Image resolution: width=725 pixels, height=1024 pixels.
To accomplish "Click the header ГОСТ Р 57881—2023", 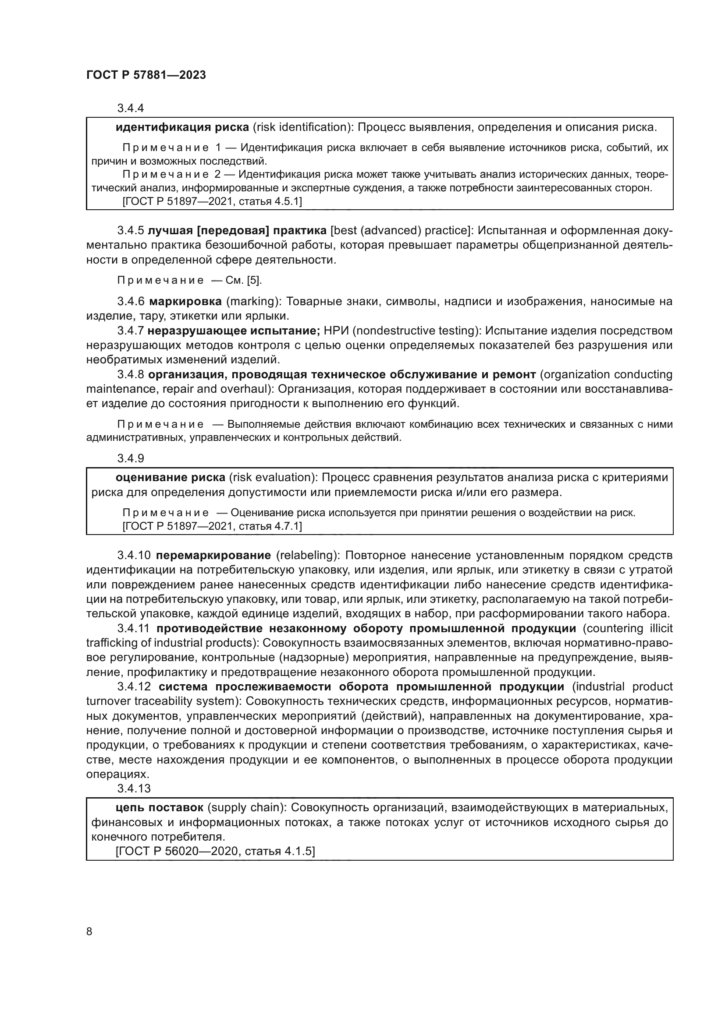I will point(146,75).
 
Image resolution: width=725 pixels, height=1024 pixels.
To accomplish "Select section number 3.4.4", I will point(130,108).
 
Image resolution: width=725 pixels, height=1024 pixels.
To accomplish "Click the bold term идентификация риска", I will point(182,127).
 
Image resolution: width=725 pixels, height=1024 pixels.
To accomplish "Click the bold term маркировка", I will point(185,302).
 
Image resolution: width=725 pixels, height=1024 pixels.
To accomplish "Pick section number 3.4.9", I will point(130,458).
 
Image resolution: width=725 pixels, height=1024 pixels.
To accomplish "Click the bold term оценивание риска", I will point(170,478).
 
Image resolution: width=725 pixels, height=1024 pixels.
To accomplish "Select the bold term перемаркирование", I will point(213,555).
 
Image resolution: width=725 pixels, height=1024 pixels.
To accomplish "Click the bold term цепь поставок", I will point(160,808).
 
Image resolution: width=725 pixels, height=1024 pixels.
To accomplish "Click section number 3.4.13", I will point(134,788).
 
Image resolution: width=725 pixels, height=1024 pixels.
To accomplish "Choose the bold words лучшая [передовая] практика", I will point(237,231).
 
